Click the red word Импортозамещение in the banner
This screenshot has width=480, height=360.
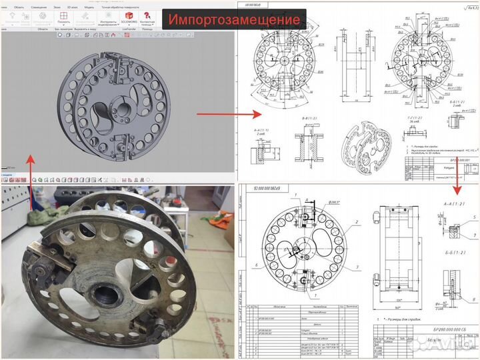click(233, 19)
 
